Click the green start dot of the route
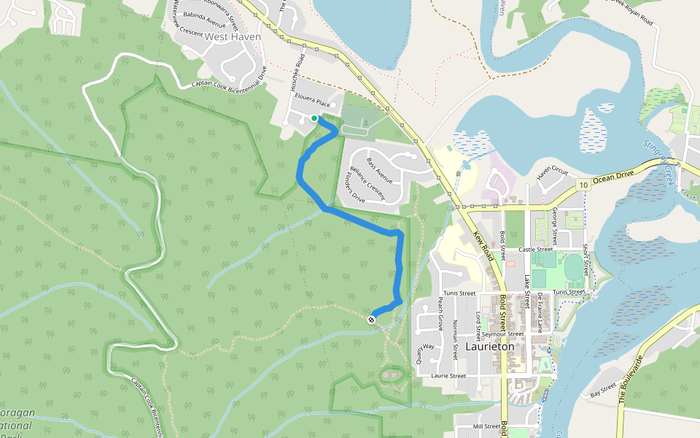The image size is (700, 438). [314, 118]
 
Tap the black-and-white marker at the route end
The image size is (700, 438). [372, 318]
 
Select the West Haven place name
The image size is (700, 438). [233, 36]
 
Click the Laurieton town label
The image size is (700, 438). [489, 347]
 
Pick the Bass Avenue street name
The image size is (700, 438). [380, 171]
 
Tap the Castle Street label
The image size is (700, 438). [536, 249]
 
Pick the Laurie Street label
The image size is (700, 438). [448, 376]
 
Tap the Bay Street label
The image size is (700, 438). [604, 391]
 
